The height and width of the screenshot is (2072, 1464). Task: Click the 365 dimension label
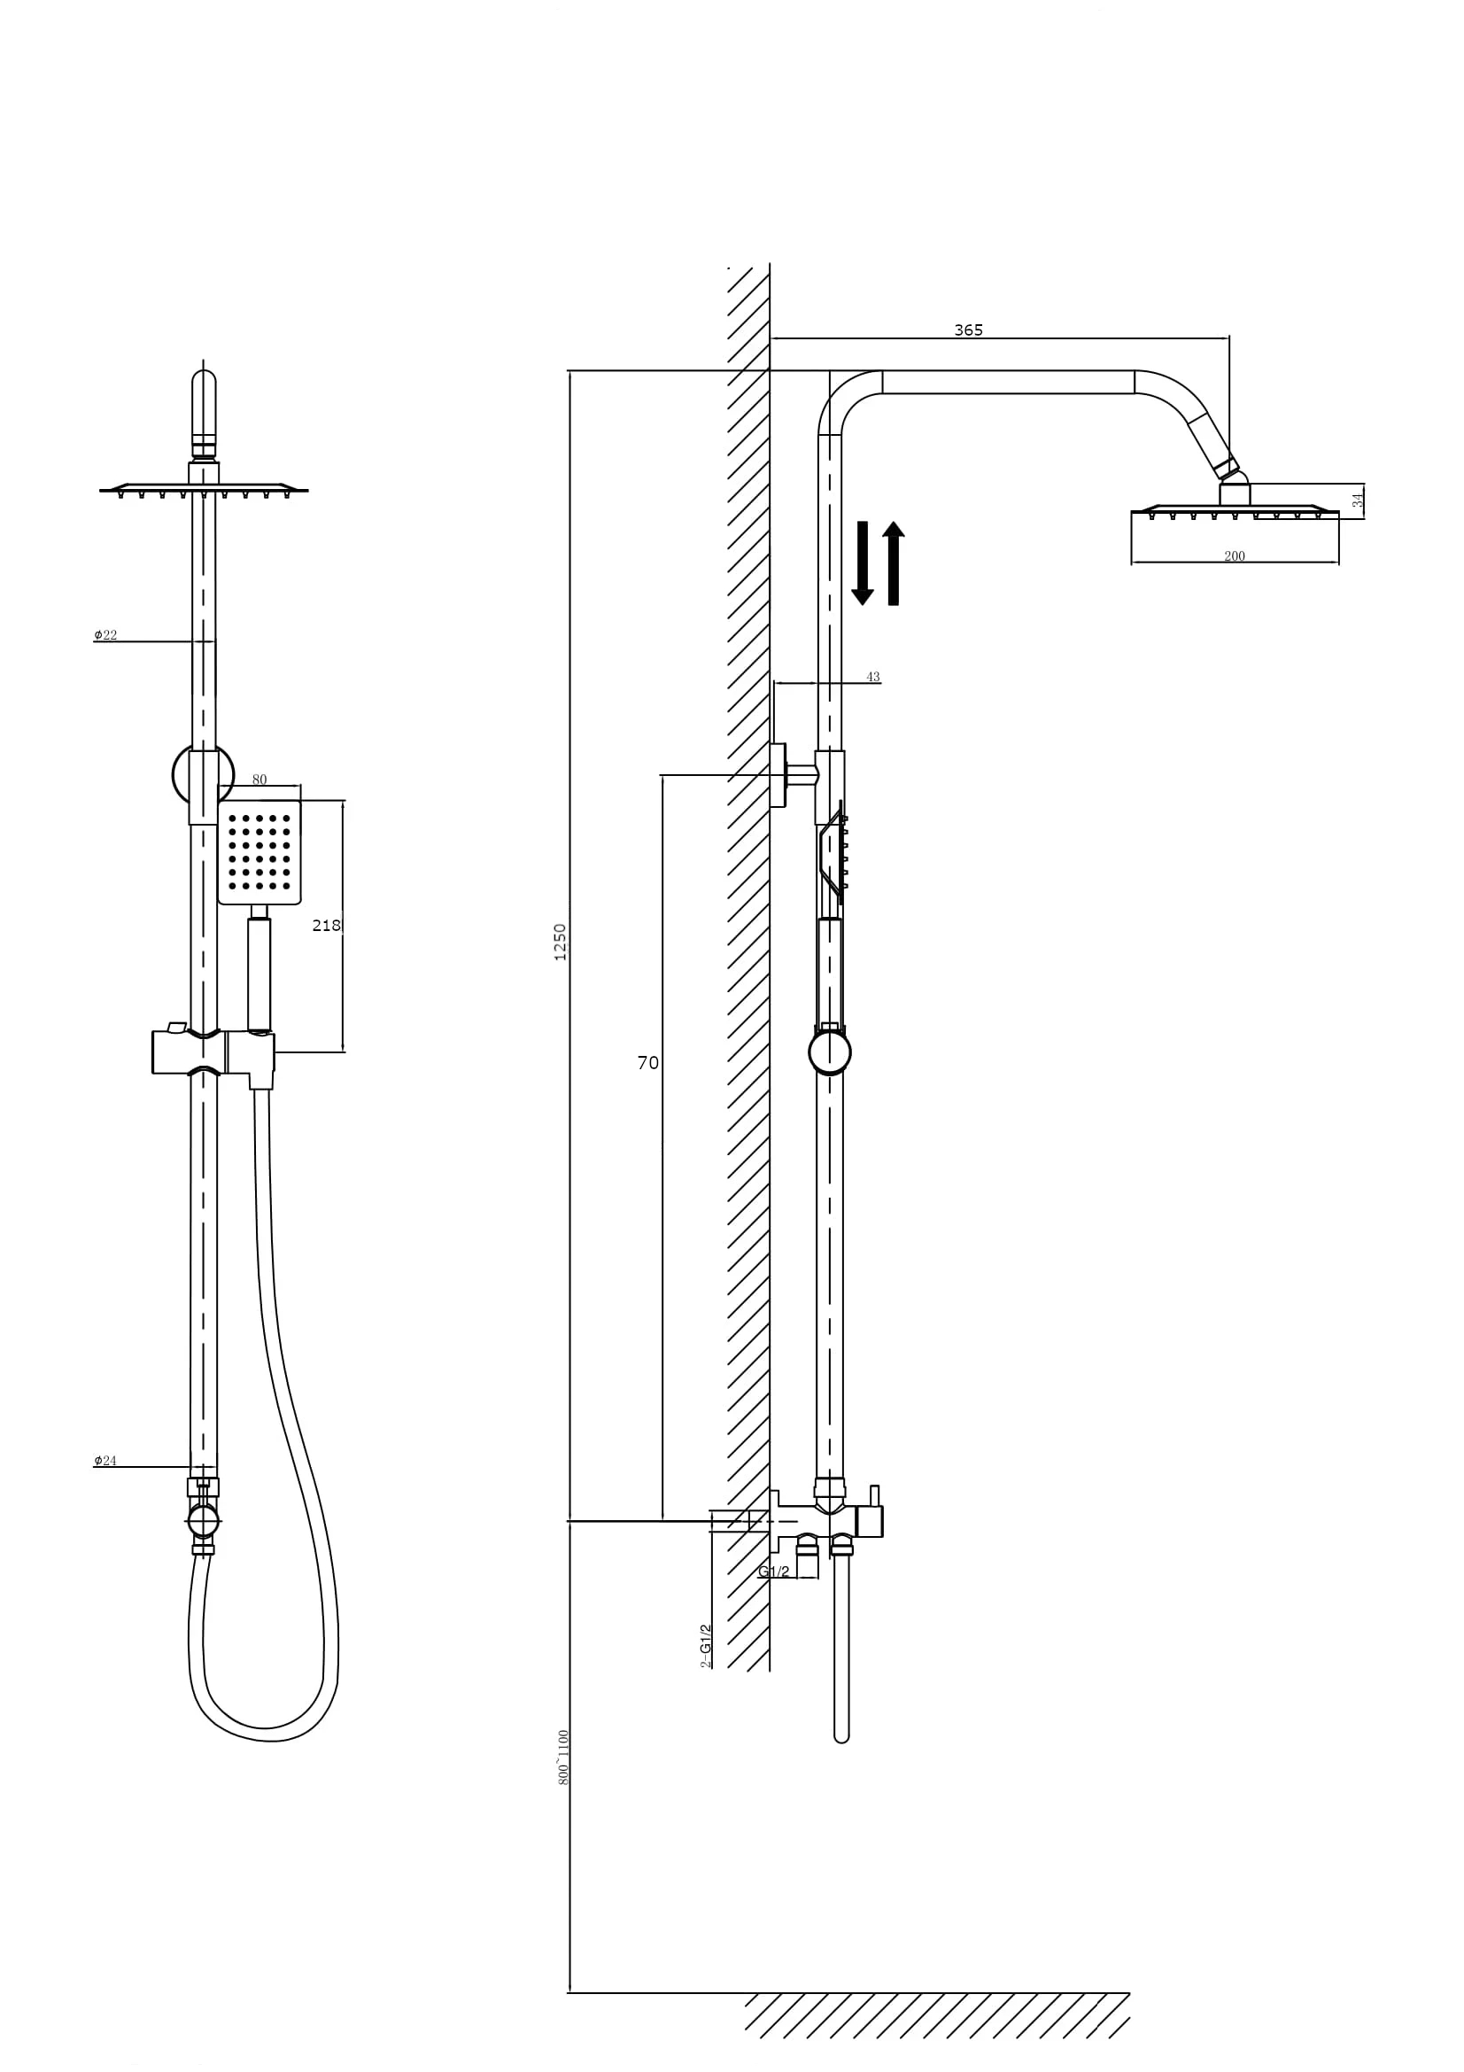coord(968,330)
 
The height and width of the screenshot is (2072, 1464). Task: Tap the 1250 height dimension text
coord(560,942)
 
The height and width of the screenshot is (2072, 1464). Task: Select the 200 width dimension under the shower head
coord(1234,556)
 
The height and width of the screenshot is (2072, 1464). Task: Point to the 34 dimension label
coord(1358,500)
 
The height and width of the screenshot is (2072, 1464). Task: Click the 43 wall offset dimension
coord(872,677)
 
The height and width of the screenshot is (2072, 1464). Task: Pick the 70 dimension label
coord(647,1063)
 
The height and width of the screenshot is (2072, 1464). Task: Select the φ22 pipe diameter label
coord(105,635)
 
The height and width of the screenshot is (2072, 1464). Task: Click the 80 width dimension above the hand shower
coord(259,780)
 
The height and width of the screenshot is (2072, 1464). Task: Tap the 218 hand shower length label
coord(326,925)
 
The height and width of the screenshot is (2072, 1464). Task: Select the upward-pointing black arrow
coord(893,563)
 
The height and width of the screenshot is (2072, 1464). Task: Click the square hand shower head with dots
coord(259,852)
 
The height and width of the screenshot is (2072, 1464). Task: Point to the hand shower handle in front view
coord(259,974)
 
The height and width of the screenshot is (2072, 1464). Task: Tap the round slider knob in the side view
coord(830,1053)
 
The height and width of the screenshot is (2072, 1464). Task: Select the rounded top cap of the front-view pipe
coord(204,388)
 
